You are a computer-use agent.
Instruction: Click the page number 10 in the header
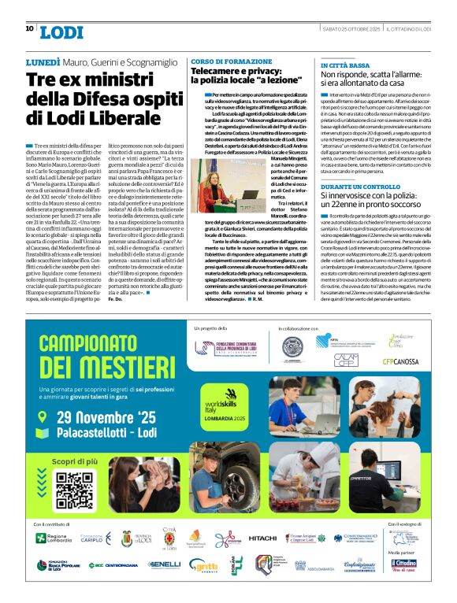pos(30,29)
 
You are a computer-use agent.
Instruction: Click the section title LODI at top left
pos(61,31)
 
